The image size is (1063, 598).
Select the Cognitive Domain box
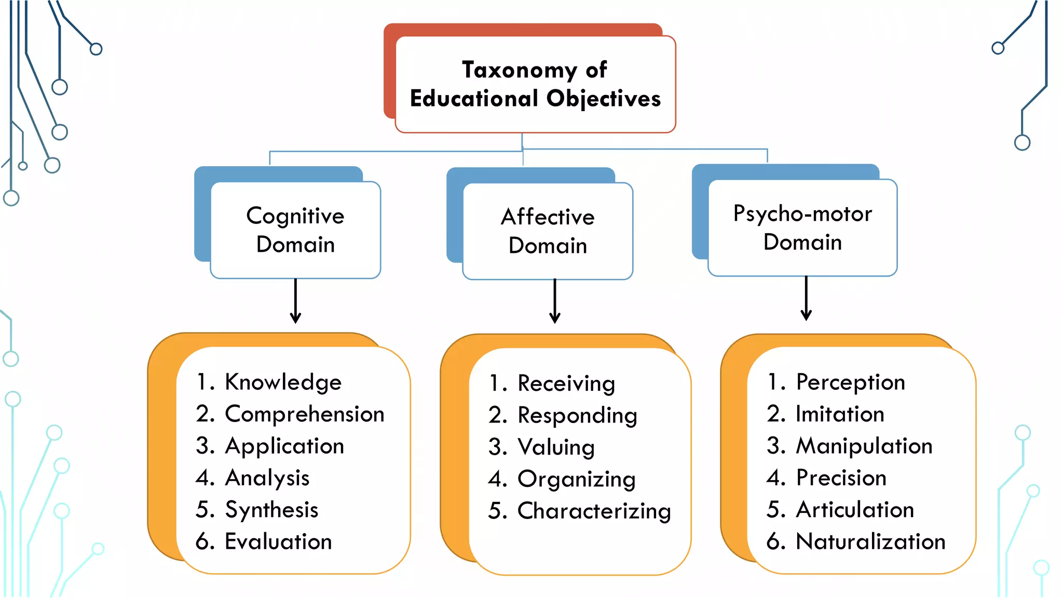tap(295, 230)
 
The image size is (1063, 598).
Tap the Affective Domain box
tap(548, 231)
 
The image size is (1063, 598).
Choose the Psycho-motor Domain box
tap(802, 228)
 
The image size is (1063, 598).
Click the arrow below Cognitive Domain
tap(296, 302)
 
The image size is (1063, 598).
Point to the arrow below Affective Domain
tap(555, 302)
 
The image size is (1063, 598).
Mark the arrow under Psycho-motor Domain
tap(806, 299)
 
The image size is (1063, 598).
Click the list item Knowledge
tap(283, 383)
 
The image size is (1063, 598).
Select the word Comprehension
tap(305, 414)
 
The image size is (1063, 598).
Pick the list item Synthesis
tap(271, 510)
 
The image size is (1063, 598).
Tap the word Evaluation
tap(278, 542)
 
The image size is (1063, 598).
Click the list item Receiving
tap(566, 384)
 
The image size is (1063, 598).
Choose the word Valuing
tap(556, 447)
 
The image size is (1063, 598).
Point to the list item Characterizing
tap(594, 511)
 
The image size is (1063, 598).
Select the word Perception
tap(850, 383)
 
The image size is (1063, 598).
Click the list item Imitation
tap(840, 414)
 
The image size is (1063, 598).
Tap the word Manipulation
tap(864, 446)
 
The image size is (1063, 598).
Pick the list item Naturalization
tap(870, 542)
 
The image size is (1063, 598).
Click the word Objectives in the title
tap(604, 99)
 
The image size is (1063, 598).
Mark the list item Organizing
tap(576, 480)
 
